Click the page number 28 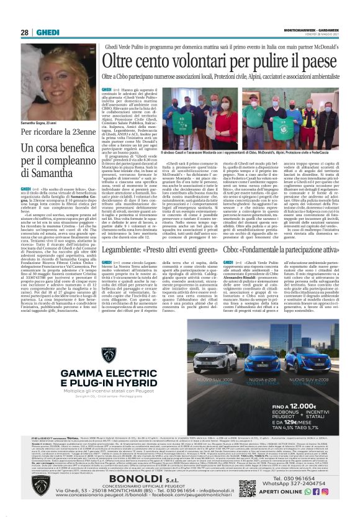click(24, 32)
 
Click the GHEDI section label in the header click(47, 32)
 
